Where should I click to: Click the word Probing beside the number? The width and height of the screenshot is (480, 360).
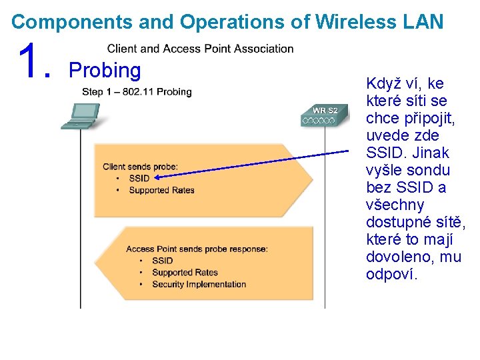pyautogui.click(x=105, y=71)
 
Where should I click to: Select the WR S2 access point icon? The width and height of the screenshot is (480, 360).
pyautogui.click(x=324, y=115)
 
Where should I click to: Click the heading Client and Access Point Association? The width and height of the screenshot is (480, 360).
pyautogui.click(x=200, y=49)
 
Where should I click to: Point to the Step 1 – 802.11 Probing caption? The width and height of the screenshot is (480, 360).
pyautogui.click(x=137, y=92)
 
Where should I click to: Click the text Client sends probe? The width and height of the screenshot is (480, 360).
pyautogui.click(x=145, y=167)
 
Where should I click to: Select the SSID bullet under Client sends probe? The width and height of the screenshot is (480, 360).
pyautogui.click(x=139, y=178)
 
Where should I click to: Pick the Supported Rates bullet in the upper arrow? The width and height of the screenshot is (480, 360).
pyautogui.click(x=161, y=190)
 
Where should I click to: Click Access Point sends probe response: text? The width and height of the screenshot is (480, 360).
pyautogui.click(x=197, y=249)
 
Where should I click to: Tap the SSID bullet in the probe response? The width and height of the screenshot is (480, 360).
pyautogui.click(x=162, y=261)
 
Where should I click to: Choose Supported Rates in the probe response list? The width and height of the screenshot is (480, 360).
pyautogui.click(x=185, y=272)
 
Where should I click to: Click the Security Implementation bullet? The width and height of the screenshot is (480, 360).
pyautogui.click(x=199, y=284)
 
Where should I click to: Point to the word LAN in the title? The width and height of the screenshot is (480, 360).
pyautogui.click(x=423, y=22)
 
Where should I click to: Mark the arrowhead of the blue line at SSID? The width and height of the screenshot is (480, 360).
pyautogui.click(x=157, y=177)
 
